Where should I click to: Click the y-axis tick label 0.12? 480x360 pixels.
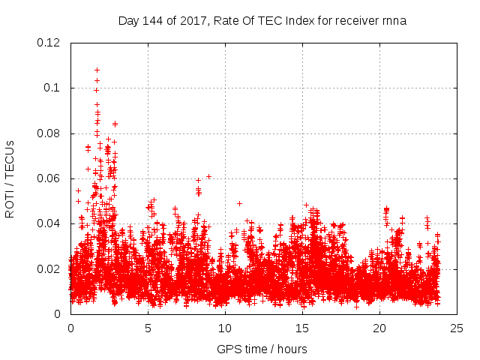[x=50, y=43]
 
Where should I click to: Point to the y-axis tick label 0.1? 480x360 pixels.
[x=53, y=88]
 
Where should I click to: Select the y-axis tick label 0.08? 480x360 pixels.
[x=50, y=133]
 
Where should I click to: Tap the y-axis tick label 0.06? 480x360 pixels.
[x=50, y=178]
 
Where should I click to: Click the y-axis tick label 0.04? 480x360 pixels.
[x=50, y=223]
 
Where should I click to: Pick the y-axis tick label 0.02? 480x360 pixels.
[x=50, y=268]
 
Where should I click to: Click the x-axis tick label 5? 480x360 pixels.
[x=148, y=328]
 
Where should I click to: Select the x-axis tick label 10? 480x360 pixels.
[x=225, y=328]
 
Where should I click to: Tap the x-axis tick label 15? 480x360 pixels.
[x=302, y=328]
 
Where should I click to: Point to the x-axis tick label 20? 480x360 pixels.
[x=379, y=328]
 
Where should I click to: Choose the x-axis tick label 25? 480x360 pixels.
[x=457, y=328]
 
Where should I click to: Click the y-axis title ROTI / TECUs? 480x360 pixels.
[x=10, y=178]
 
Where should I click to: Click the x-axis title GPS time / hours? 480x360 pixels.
[x=262, y=349]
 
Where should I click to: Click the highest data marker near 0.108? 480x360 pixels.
[x=97, y=70]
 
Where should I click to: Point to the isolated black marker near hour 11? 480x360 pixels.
[x=239, y=203]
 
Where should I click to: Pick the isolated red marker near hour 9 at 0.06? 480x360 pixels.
[x=208, y=176]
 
